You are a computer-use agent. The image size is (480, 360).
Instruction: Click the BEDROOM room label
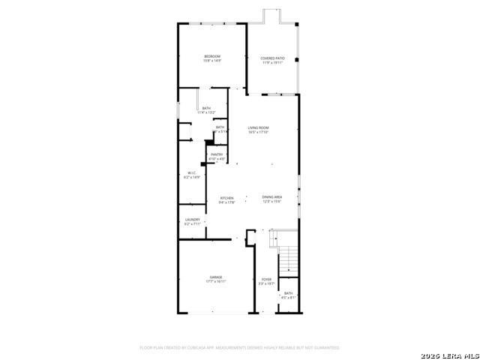[212, 57]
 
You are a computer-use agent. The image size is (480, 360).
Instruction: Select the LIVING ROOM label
[259, 128]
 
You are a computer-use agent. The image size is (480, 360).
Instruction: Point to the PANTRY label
[217, 154]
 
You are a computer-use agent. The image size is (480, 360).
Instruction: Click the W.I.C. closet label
[192, 173]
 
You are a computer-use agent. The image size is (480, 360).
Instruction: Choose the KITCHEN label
[226, 198]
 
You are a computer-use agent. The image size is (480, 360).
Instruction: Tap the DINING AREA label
[271, 198]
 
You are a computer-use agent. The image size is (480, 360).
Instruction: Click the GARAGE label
[216, 277]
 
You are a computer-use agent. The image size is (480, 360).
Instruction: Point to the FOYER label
[266, 279]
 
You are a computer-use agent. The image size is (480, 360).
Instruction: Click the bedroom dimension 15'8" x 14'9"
[212, 62]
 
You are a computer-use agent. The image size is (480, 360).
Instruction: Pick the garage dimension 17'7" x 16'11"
[216, 283]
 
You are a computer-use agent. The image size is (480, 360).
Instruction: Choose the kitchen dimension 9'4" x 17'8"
[226, 202]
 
